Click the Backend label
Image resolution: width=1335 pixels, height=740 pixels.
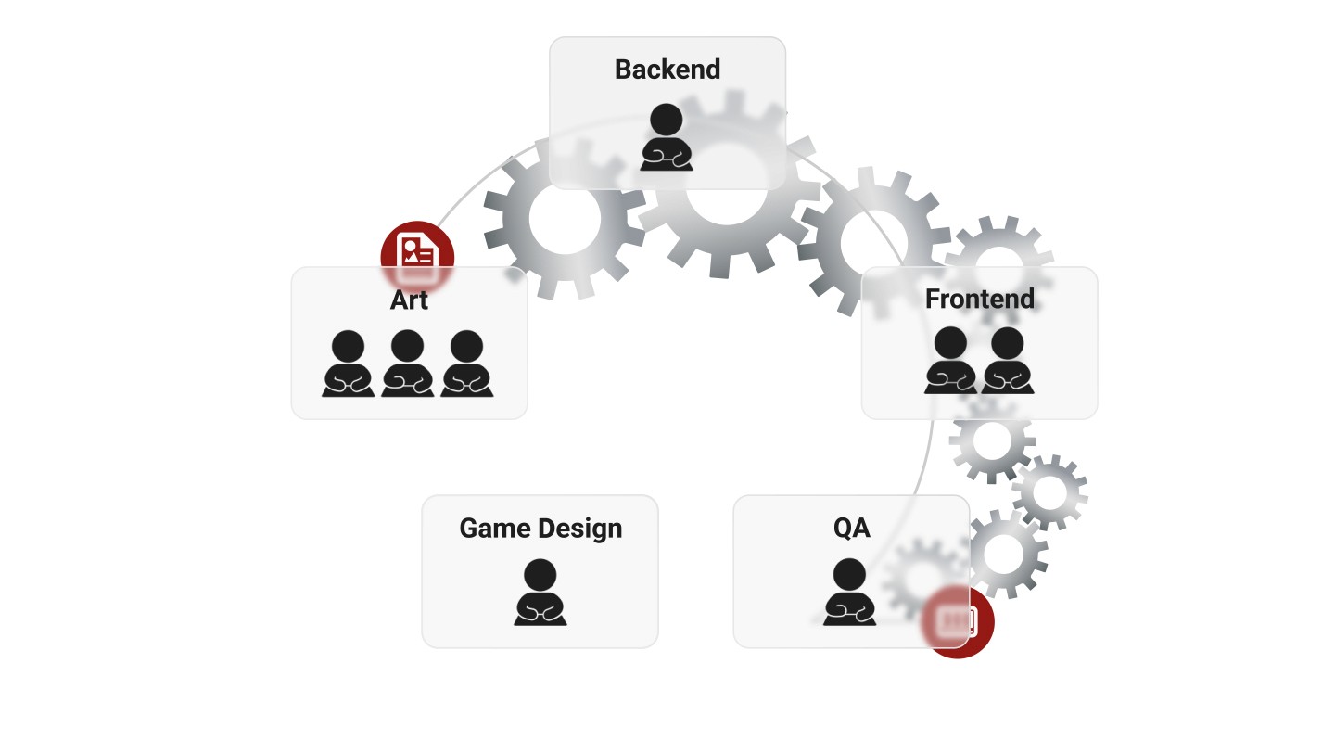667,70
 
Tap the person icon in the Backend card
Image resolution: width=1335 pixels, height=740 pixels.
667,137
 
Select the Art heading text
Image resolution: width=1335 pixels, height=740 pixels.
409,300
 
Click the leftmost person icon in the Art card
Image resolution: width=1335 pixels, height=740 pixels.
349,364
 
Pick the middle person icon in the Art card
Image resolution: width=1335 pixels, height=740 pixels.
407,364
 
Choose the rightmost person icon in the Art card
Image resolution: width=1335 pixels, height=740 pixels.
466,364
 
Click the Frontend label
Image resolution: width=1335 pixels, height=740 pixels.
979,299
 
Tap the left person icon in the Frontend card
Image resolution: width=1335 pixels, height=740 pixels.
950,361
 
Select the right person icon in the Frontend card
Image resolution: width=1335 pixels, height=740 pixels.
1008,361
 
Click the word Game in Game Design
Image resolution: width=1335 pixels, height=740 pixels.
492,529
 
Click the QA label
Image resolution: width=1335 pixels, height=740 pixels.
851,529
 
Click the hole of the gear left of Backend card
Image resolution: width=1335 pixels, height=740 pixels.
564,219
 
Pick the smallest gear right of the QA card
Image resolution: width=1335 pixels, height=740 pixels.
1049,493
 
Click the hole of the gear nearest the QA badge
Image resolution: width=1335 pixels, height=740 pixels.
1003,554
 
